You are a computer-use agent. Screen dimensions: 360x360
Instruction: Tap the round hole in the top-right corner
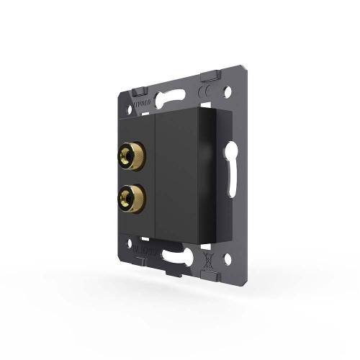tap(229, 93)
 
